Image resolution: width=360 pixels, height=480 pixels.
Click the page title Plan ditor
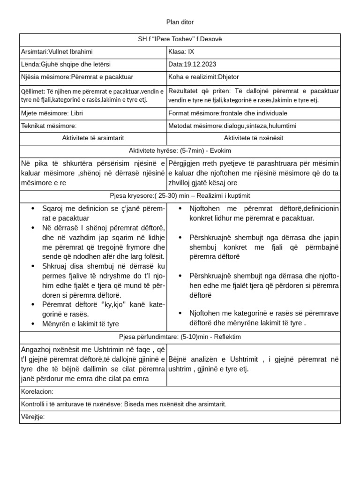(x=180, y=22)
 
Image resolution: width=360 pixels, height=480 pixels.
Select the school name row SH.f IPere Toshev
(x=180, y=39)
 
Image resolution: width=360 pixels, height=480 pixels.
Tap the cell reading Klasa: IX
(x=180, y=51)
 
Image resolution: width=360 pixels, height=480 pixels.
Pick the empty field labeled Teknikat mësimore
(x=49, y=126)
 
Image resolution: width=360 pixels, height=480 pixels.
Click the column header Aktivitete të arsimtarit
(x=93, y=138)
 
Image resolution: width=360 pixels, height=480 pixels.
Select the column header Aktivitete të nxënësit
(x=254, y=138)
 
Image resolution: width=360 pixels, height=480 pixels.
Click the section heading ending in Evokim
(x=180, y=150)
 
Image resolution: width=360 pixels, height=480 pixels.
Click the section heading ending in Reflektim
(x=180, y=337)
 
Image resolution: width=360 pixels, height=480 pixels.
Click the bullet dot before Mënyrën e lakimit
(x=32, y=324)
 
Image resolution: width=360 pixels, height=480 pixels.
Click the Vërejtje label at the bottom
(x=33, y=417)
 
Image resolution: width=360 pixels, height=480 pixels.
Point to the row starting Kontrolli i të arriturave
(x=124, y=404)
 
